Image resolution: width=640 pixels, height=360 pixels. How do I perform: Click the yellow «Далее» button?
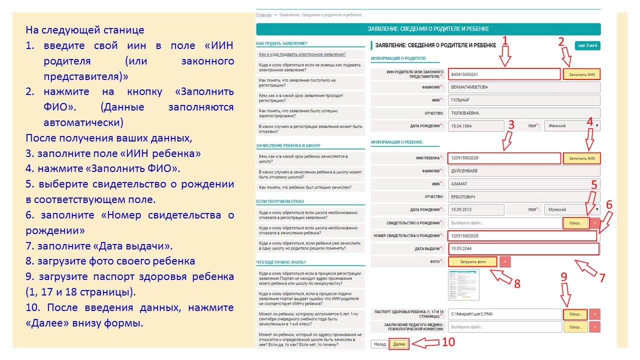[x=399, y=344]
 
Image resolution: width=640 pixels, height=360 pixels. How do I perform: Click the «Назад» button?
[x=379, y=344]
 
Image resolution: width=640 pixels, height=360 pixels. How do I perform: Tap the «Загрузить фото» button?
[x=472, y=261]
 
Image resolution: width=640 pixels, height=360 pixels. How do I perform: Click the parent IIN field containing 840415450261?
[x=504, y=74]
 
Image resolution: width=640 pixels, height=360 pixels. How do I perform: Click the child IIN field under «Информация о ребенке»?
[x=504, y=158]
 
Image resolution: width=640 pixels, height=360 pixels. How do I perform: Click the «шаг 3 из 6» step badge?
[x=587, y=45]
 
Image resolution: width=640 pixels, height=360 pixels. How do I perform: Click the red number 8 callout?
[x=517, y=283]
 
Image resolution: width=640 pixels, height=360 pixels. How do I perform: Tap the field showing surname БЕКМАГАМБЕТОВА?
[x=524, y=87]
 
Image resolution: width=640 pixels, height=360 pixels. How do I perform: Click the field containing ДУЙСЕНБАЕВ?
[x=524, y=171]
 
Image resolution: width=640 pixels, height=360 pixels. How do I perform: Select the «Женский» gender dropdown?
[x=571, y=126]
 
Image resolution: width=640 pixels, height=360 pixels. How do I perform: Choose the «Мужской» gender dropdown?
[x=571, y=209]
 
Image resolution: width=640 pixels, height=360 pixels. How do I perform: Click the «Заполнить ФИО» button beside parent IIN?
[x=581, y=74]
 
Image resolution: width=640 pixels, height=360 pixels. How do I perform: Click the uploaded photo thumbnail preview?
[x=463, y=284]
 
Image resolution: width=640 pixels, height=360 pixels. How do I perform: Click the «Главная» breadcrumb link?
[x=263, y=15]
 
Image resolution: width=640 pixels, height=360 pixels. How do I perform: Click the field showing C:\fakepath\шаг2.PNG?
[x=504, y=314]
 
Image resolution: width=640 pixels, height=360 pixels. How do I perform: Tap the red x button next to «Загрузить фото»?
[x=505, y=261]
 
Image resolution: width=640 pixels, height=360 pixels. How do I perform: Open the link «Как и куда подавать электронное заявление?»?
[x=302, y=54]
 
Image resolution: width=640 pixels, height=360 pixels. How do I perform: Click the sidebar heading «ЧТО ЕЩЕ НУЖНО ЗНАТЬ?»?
[x=280, y=262]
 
